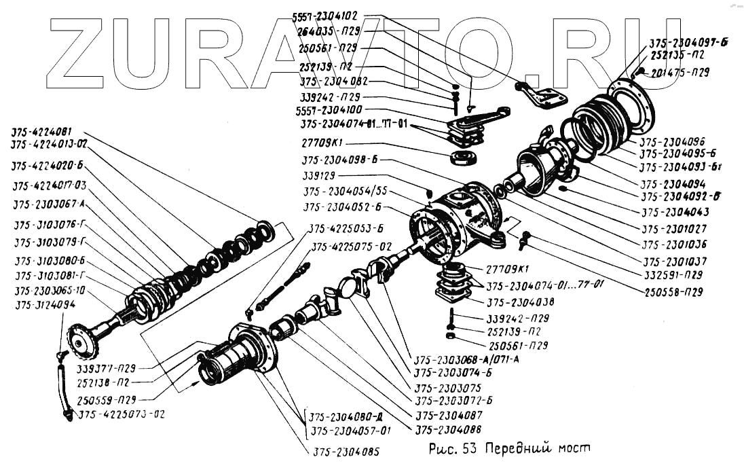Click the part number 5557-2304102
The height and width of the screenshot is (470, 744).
point(329,16)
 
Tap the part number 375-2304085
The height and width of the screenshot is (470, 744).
point(346,451)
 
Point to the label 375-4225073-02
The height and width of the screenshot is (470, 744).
point(122,414)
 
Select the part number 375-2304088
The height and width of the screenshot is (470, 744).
point(449,429)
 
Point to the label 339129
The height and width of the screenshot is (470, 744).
point(324,175)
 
